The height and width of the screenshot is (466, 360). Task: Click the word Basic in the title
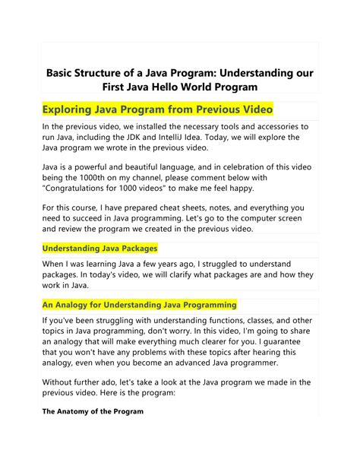click(x=63, y=74)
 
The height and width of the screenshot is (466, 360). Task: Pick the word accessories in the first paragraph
click(x=268, y=126)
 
